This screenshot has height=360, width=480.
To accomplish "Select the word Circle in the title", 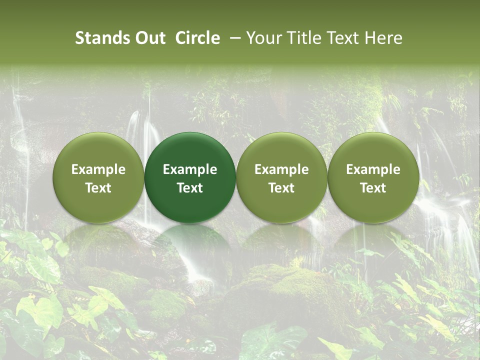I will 197,38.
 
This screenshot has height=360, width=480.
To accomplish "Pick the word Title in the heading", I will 304,38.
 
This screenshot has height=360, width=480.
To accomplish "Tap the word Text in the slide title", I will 344,38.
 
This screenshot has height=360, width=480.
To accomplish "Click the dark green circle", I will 190,178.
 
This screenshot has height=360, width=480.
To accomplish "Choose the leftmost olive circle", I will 98,178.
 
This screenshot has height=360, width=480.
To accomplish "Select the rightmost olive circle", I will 373,178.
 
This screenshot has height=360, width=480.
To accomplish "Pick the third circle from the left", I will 281,178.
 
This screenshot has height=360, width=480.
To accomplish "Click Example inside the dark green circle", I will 190,169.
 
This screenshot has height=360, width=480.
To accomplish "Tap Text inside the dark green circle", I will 190,188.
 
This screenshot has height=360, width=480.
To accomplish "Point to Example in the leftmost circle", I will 98,169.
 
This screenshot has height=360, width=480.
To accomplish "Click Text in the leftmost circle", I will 98,188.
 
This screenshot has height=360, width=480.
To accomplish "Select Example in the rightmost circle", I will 373,169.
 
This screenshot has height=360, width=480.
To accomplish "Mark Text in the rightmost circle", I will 373,188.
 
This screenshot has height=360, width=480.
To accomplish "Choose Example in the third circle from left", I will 281,169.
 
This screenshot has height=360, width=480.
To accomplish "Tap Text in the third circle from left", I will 281,188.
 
